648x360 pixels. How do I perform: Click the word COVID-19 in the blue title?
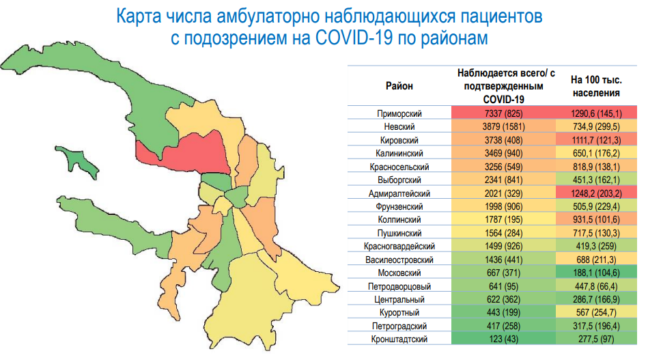(353, 38)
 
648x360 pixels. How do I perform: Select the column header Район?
(399, 86)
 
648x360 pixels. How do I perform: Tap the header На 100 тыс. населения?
(596, 86)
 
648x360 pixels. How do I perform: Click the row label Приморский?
(399, 113)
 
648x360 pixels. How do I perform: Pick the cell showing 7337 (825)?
(503, 113)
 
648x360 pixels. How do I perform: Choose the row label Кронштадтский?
(399, 340)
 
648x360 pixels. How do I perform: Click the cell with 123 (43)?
(503, 340)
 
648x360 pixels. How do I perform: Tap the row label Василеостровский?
(399, 260)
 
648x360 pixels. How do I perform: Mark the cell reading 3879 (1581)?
(503, 126)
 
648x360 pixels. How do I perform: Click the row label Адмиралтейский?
(399, 193)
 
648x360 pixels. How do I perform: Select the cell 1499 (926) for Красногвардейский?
(503, 247)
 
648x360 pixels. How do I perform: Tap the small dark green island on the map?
(77, 161)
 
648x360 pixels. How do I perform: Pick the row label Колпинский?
(399, 220)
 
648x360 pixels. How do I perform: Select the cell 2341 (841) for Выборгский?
(503, 180)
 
